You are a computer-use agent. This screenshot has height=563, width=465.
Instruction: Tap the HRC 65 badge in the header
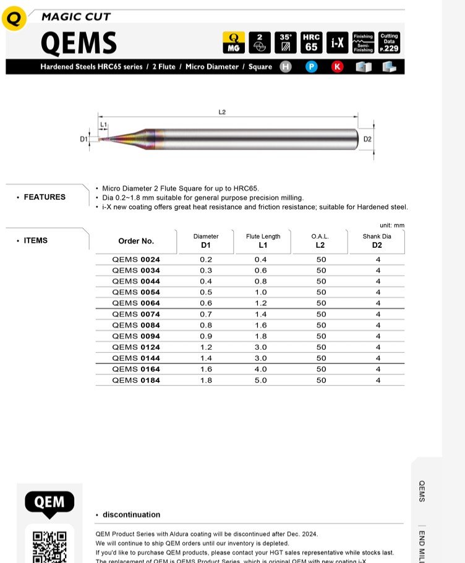pos(311,43)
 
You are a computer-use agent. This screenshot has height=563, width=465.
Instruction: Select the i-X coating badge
pos(338,43)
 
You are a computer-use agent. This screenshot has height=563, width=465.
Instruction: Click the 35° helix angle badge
pos(285,43)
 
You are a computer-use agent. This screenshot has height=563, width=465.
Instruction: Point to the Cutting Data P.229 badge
pos(389,43)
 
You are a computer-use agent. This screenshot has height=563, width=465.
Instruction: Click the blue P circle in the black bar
pos(312,67)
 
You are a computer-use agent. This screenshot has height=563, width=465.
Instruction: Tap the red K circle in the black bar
pos(337,67)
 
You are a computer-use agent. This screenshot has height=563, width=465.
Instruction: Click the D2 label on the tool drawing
pos(367,139)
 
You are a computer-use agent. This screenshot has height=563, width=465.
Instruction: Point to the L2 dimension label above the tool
pos(222,112)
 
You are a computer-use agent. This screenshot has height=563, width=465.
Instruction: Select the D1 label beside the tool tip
pos(83,139)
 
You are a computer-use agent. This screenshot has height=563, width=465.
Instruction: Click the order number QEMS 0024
pos(136,260)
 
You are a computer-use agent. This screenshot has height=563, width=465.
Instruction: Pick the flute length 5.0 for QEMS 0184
pos(261,381)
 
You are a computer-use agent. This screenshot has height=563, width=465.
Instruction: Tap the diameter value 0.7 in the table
pos(206,315)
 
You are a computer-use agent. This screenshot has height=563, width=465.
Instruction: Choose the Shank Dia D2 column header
pos(377,241)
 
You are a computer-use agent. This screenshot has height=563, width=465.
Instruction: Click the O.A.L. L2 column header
pos(320,241)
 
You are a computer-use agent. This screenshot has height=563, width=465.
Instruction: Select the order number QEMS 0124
pos(136,347)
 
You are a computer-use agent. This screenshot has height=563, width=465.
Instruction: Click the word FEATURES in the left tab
pos(45,197)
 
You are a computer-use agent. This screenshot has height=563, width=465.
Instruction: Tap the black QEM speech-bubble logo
pos(49,502)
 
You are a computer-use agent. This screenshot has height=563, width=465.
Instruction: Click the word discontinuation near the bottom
pos(131,515)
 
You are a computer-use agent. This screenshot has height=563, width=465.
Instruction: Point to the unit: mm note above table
pos(391,226)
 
